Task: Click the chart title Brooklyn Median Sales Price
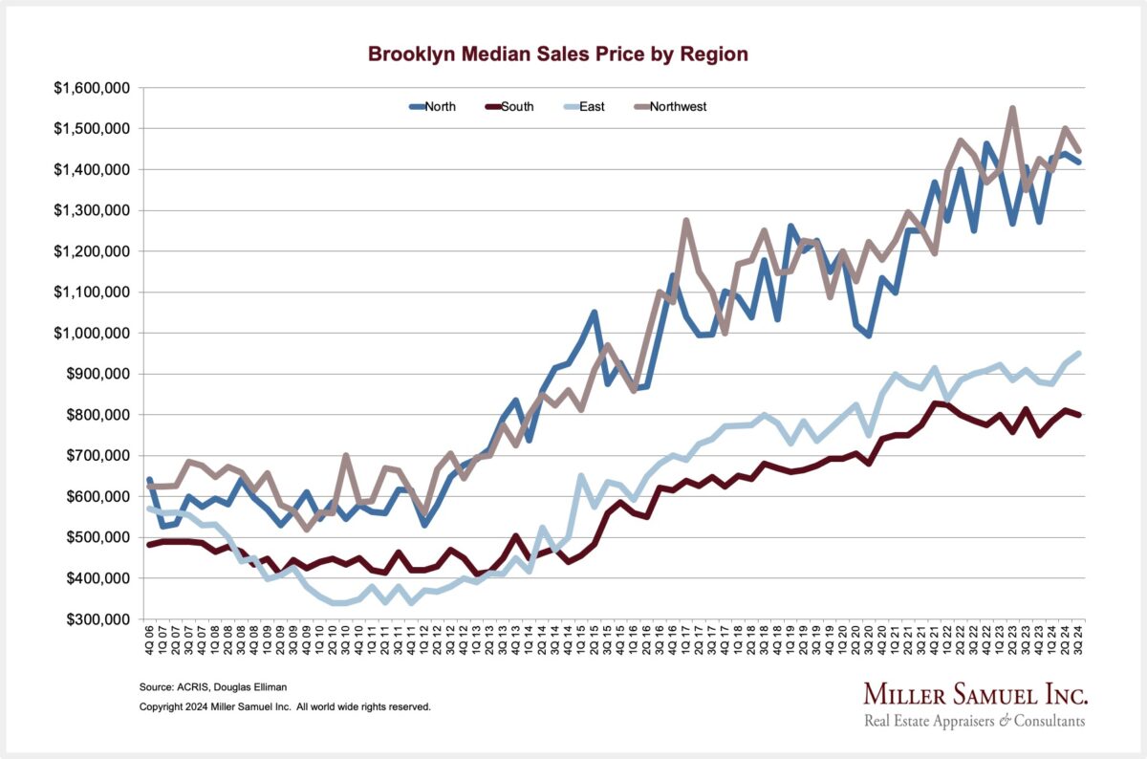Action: point(558,54)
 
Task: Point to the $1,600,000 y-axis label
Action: point(93,88)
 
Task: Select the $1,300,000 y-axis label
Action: point(93,210)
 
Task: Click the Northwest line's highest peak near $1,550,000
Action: point(1011,109)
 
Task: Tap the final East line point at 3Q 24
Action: point(1079,353)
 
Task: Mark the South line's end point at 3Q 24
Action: point(1079,415)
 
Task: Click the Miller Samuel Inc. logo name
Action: point(975,693)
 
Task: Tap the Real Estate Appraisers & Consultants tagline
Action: point(974,721)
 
